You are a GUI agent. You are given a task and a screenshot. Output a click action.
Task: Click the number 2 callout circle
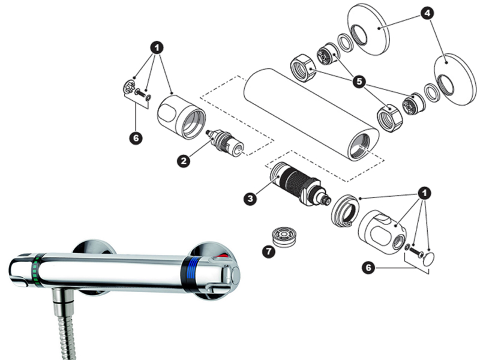click(184, 161)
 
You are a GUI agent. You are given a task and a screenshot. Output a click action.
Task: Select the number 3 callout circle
click(250, 199)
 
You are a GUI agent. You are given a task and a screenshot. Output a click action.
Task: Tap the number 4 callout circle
click(427, 13)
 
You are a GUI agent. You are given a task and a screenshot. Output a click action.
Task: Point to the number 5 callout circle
click(359, 82)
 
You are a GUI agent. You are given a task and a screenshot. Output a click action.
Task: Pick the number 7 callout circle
click(269, 251)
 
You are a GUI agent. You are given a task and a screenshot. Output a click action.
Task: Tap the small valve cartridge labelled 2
click(225, 143)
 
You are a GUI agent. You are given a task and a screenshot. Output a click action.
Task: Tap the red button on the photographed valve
click(223, 256)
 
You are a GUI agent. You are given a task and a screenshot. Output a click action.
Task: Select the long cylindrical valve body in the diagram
click(311, 114)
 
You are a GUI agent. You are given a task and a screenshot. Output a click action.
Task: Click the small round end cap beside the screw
click(428, 259)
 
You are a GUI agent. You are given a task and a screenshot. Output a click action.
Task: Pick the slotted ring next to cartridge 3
click(344, 211)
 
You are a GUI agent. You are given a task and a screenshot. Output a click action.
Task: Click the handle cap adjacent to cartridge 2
click(181, 117)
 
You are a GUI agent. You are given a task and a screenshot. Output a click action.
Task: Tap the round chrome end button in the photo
click(235, 275)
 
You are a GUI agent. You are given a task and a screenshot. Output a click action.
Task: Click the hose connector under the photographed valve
click(64, 302)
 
